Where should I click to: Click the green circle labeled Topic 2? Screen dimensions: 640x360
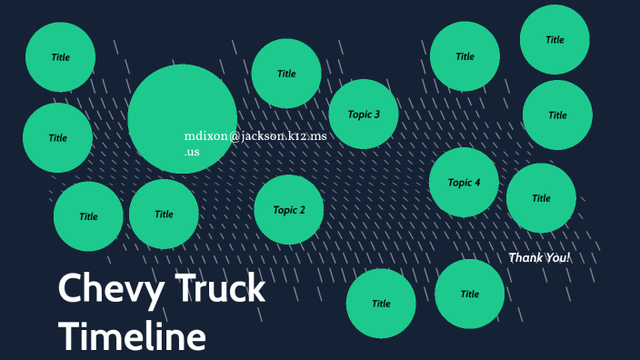tap(289, 210)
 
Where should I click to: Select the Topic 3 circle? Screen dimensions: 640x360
tap(364, 115)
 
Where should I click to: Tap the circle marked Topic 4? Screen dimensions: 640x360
tap(464, 183)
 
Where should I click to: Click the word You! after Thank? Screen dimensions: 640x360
tap(557, 258)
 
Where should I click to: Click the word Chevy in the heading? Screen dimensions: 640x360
tap(99, 290)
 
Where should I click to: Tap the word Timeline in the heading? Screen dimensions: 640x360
tap(133, 336)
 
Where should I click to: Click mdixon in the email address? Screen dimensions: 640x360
tap(205, 136)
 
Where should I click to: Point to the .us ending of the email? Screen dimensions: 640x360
tap(192, 152)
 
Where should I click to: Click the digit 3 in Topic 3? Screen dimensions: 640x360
tap(377, 115)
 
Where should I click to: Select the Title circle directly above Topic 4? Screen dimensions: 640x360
tap(465, 56)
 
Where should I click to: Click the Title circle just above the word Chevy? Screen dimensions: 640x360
tap(88, 216)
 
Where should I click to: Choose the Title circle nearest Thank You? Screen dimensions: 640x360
tap(541, 198)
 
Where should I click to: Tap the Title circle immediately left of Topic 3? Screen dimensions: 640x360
tap(286, 74)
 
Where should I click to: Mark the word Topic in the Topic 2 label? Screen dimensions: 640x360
tap(284, 210)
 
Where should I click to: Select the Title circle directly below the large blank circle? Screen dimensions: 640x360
tap(164, 215)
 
